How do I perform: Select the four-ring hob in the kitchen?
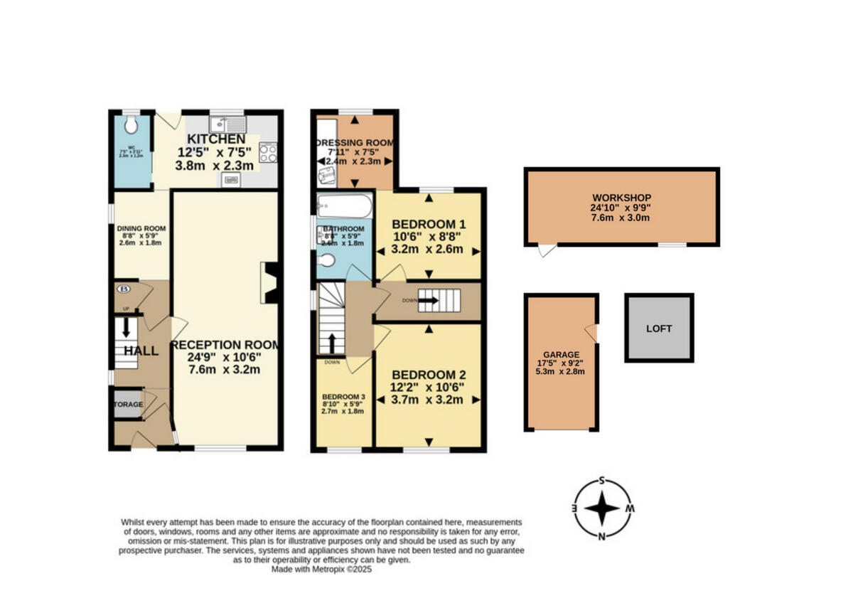[x=267, y=152]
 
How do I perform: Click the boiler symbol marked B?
[x=124, y=289]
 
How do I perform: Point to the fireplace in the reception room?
[x=270, y=282]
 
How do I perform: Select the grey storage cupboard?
[x=128, y=404]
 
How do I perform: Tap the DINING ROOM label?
[x=141, y=228]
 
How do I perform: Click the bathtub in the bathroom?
[x=344, y=207]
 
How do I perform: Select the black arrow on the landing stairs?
[x=429, y=301]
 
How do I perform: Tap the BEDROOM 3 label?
[x=343, y=396]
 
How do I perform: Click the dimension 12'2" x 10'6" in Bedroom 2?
[x=427, y=387]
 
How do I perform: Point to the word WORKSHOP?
[x=621, y=197]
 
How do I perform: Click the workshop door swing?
[x=546, y=251]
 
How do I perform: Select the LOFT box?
[x=659, y=329]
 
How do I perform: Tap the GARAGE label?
[x=562, y=354]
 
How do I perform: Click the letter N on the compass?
[x=601, y=536]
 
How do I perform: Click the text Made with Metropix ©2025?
[x=322, y=569]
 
